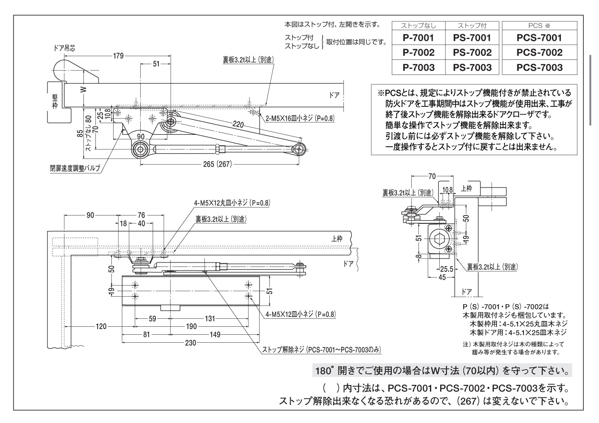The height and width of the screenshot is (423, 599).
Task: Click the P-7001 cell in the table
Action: [x=418, y=38]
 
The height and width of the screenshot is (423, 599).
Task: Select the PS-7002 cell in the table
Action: [x=472, y=53]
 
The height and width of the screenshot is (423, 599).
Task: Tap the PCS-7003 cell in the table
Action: [x=539, y=67]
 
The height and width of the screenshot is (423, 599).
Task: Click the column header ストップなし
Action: [x=418, y=26]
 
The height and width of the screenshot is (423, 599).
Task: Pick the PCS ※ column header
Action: [x=539, y=26]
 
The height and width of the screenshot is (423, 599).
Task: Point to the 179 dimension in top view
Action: [x=118, y=56]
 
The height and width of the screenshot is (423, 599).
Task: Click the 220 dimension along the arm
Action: [x=238, y=125]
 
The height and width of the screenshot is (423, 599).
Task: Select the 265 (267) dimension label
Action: [x=217, y=164]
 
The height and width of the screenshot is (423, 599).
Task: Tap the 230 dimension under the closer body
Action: [x=190, y=342]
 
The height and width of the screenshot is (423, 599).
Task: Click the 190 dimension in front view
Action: [x=191, y=327]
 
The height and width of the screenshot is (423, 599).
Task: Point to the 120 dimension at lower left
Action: [x=101, y=327]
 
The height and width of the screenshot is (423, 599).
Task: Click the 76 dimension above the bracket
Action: [x=141, y=215]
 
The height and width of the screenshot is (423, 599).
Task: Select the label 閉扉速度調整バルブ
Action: [x=75, y=168]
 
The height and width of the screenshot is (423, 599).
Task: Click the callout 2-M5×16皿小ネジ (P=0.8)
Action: [x=300, y=118]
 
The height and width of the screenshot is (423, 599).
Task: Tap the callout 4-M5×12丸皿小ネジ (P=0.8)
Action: [x=232, y=203]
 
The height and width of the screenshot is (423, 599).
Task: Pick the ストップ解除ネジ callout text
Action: [x=321, y=350]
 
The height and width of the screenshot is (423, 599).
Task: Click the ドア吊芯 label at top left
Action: [x=64, y=48]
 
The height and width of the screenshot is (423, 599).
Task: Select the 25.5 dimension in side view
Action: [x=446, y=269]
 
